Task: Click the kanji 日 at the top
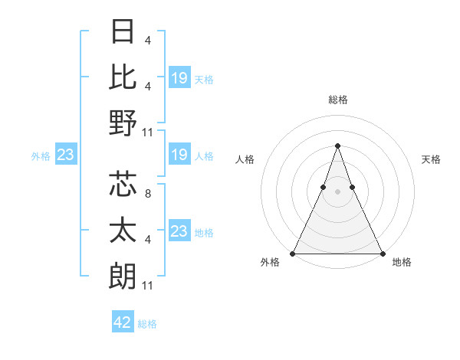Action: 123,31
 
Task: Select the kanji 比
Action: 123,77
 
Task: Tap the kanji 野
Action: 123,122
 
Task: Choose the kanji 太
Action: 123,230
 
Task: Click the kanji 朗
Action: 123,275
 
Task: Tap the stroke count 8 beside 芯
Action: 148,194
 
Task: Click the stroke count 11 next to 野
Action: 148,132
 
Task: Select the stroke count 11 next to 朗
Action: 148,286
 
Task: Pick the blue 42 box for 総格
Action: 123,322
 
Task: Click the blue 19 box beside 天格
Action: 179,77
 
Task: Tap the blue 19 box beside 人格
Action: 179,155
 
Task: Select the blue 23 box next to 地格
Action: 179,231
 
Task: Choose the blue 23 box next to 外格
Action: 66,155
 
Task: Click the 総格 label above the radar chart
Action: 337,100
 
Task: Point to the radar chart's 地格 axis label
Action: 402,262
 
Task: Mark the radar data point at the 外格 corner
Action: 293,254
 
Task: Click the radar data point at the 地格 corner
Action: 382,254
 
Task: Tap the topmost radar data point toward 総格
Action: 337,146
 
